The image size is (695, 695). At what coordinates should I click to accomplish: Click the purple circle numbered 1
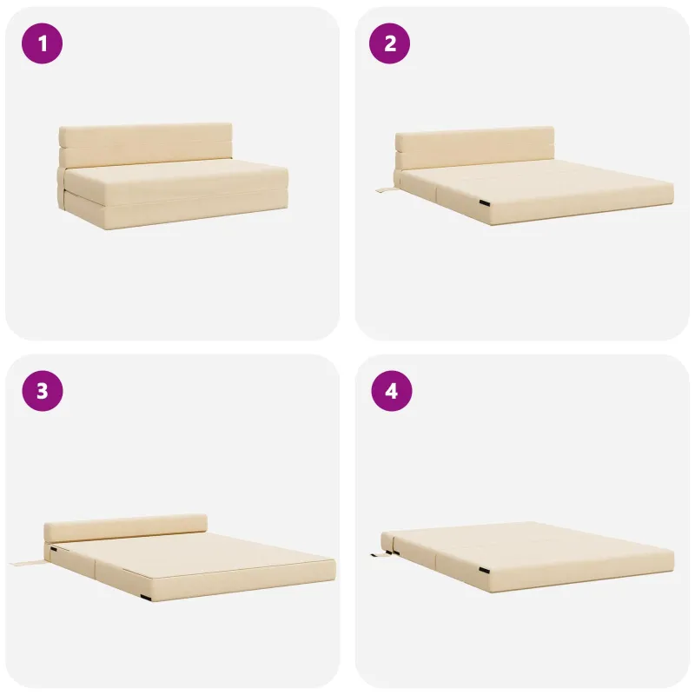(x=42, y=43)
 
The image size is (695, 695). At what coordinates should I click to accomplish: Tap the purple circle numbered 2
(x=389, y=43)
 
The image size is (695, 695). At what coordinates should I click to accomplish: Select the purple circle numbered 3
(x=42, y=391)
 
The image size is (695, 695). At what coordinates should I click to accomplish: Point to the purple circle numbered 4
(x=392, y=391)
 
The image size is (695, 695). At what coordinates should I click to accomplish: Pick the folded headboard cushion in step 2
(x=474, y=149)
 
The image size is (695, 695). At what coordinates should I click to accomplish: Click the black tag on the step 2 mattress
(x=484, y=203)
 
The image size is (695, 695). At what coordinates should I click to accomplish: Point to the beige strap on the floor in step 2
(x=385, y=190)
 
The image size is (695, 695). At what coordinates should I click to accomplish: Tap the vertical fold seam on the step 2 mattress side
(x=437, y=194)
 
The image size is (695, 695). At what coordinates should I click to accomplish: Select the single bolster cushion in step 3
(x=125, y=527)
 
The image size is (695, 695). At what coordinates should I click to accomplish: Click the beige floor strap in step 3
(x=27, y=564)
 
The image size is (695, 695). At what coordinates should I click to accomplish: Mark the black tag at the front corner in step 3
(x=146, y=598)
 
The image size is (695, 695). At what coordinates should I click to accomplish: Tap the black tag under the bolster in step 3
(x=54, y=549)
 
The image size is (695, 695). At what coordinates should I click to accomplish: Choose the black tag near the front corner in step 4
(x=485, y=569)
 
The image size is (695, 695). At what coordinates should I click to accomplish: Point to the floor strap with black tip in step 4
(x=381, y=553)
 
